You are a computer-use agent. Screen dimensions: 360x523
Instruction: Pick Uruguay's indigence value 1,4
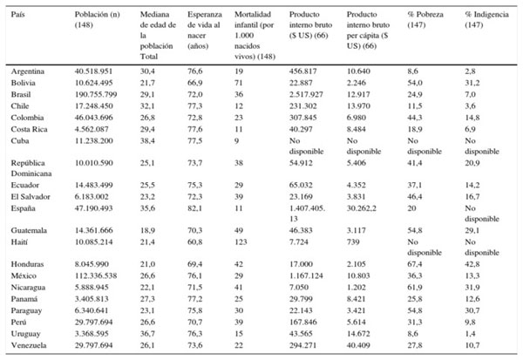coord(471,336)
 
